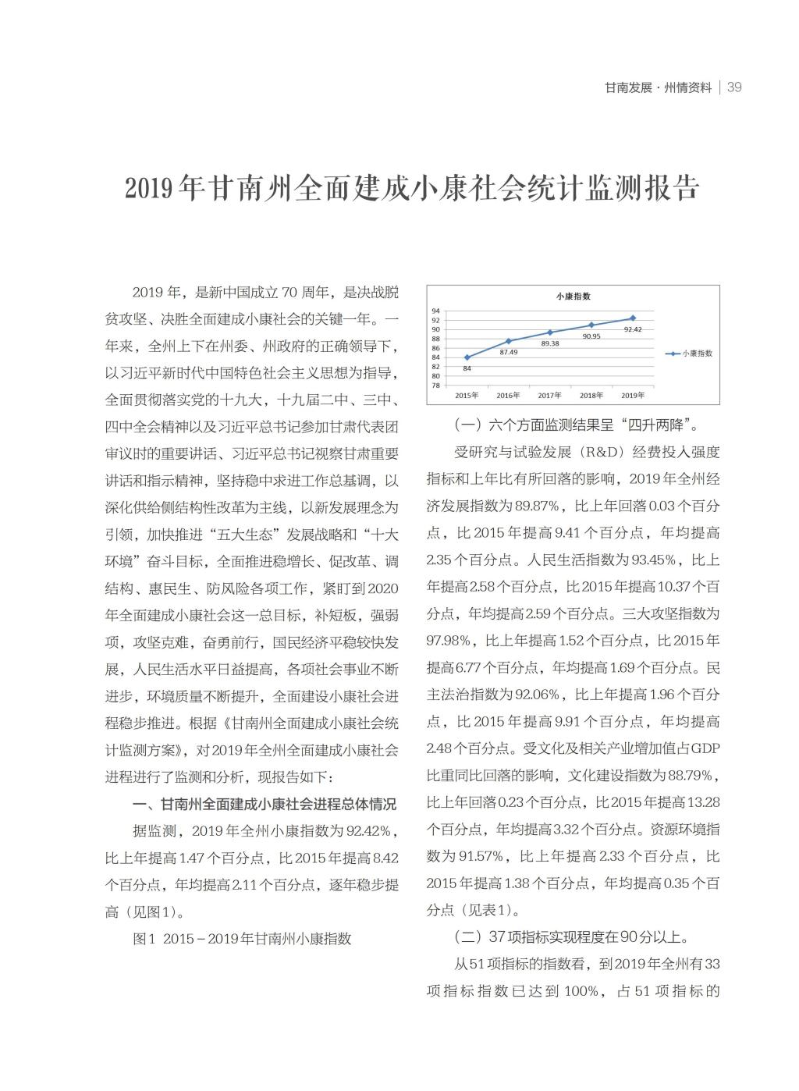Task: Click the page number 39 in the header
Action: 733,87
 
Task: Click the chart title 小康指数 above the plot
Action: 573,296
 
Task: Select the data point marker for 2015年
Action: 467,357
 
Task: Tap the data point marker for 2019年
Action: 633,318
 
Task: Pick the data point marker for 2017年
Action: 550,332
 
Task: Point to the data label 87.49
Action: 508,352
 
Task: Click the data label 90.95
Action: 591,336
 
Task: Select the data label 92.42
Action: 633,329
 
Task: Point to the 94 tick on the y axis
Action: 435,311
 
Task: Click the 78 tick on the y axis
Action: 435,385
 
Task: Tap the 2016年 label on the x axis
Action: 508,395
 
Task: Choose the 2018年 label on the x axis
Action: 591,395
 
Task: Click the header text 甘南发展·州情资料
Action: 659,87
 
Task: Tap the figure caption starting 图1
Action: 242,938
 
